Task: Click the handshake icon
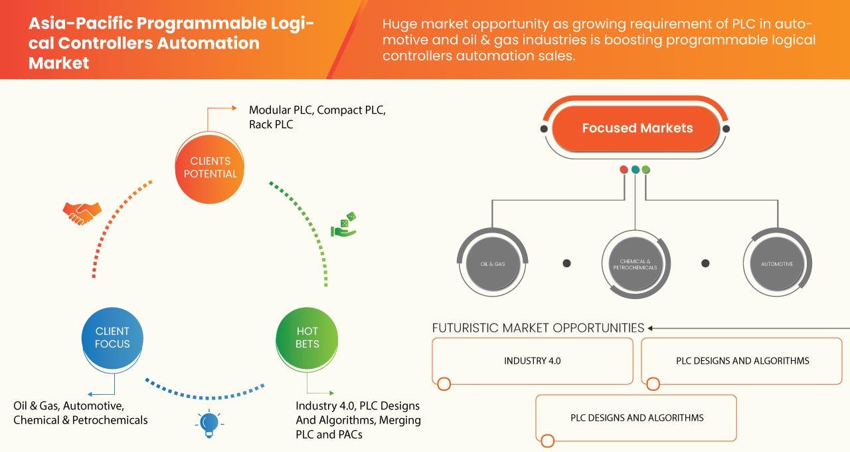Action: click(x=82, y=212)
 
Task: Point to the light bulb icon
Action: click(x=209, y=423)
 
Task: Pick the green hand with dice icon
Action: click(x=343, y=225)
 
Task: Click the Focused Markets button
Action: click(x=636, y=128)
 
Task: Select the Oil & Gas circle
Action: click(x=493, y=264)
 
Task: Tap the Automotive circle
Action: click(x=776, y=264)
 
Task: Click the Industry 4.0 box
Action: click(x=532, y=361)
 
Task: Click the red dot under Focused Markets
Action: click(x=624, y=169)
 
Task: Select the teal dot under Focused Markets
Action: click(x=635, y=169)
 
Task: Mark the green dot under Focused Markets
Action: click(x=646, y=169)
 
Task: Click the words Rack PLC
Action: click(x=271, y=124)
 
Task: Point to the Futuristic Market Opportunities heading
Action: click(x=538, y=328)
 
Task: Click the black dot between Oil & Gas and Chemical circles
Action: click(x=566, y=263)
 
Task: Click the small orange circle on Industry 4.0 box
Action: click(x=444, y=384)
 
